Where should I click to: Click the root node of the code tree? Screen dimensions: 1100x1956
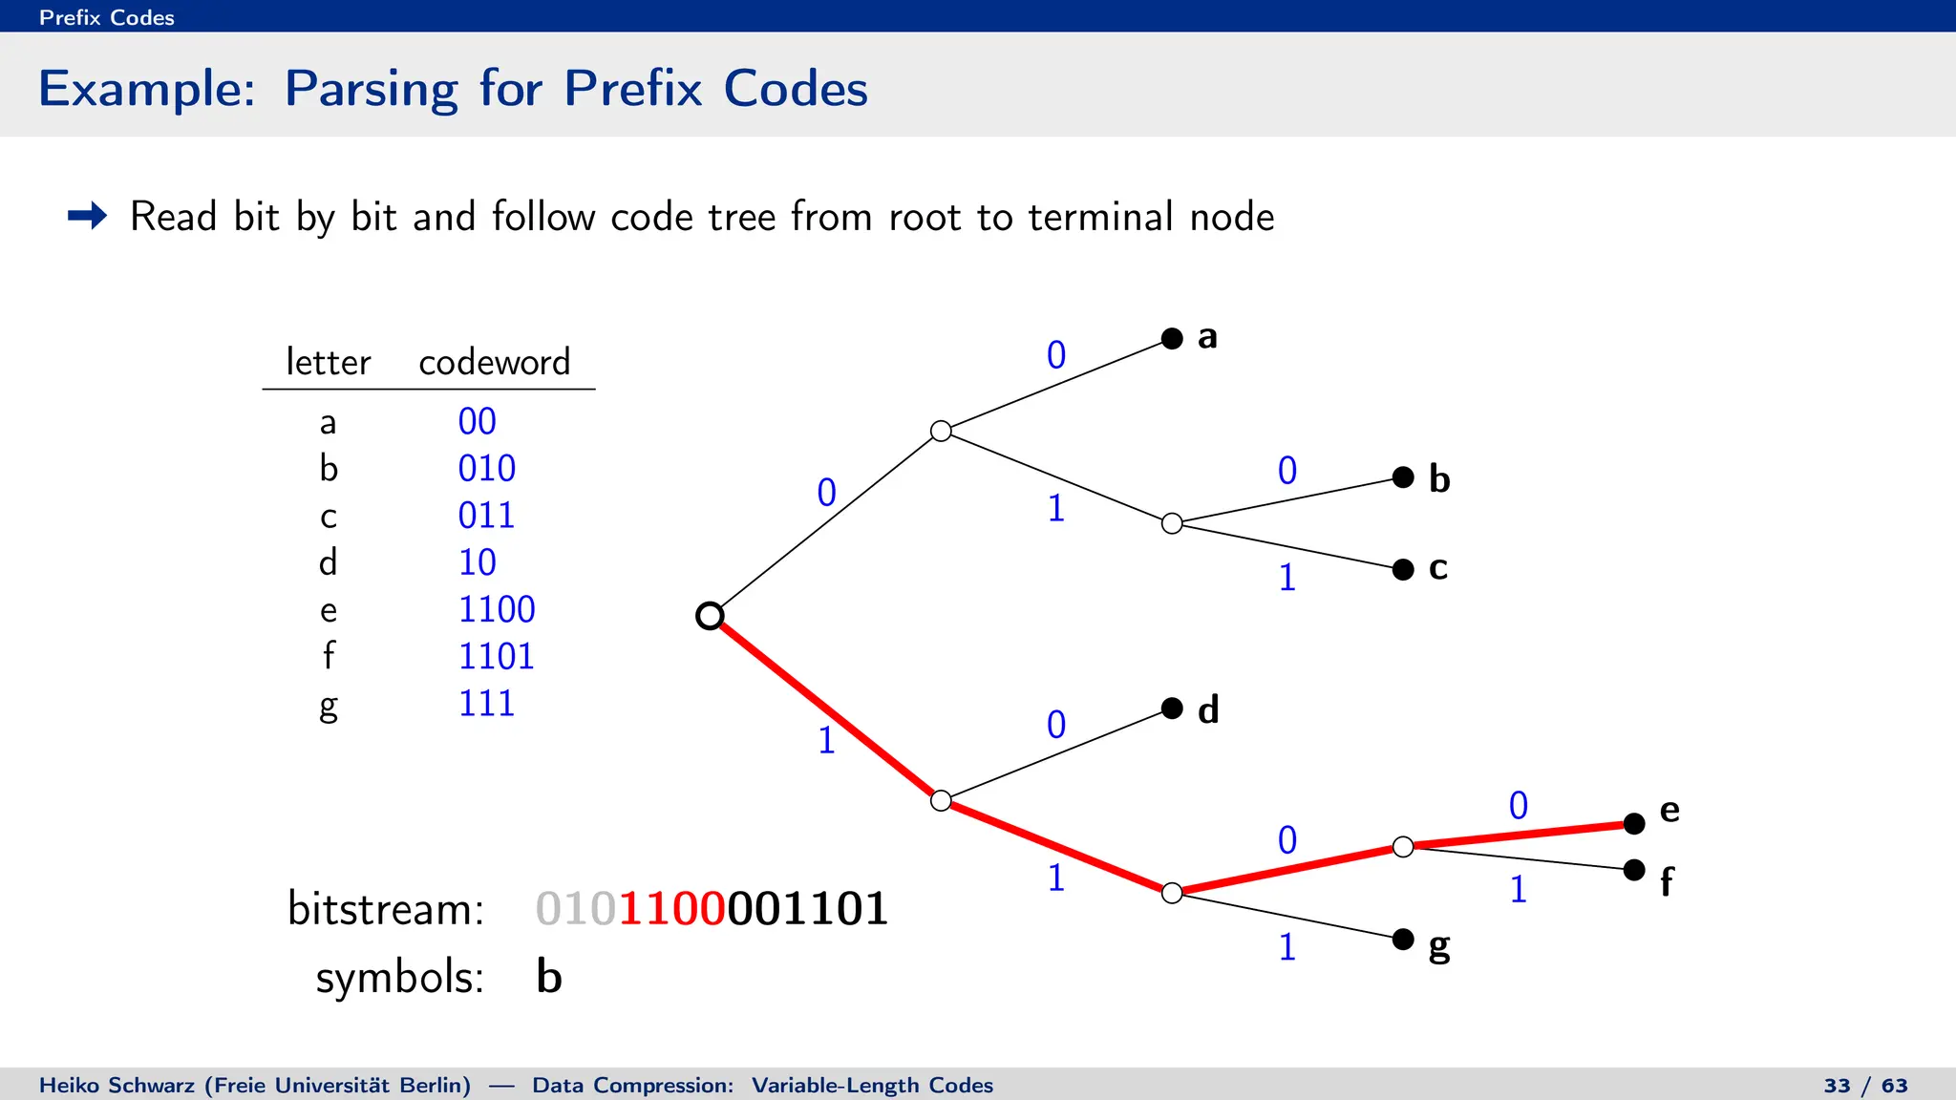point(710,616)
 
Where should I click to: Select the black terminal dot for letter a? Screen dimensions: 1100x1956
point(1172,338)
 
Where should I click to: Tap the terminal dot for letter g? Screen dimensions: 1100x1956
point(1403,939)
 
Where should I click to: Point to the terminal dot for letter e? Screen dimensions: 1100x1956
point(1634,823)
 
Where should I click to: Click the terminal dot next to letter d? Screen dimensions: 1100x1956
point(1172,708)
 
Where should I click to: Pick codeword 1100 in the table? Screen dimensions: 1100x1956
point(497,609)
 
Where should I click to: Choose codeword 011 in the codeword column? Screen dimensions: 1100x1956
point(486,516)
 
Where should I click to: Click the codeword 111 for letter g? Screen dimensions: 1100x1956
point(486,704)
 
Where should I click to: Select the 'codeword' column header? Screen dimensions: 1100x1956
point(494,362)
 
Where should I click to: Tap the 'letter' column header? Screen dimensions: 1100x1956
point(328,362)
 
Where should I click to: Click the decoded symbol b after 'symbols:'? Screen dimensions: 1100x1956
point(549,977)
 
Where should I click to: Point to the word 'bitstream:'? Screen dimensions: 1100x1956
point(386,908)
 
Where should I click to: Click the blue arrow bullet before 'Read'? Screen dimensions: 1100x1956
point(88,216)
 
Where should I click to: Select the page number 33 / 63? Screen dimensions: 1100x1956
point(1865,1086)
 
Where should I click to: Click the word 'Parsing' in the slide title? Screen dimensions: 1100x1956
point(371,90)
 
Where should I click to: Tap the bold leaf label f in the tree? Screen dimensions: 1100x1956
point(1667,881)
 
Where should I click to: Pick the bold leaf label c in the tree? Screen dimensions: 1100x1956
point(1438,568)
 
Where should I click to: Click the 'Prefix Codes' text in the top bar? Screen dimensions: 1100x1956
point(107,17)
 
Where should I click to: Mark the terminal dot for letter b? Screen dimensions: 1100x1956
point(1403,476)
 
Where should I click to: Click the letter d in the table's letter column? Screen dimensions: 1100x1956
point(328,562)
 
